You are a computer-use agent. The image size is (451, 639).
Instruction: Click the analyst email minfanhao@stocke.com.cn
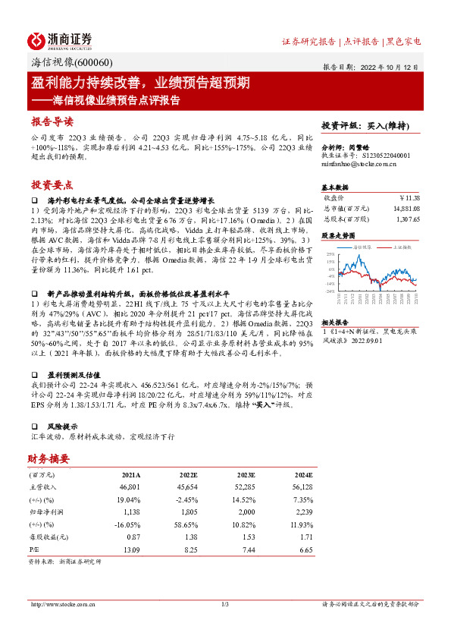pyautogui.click(x=355, y=163)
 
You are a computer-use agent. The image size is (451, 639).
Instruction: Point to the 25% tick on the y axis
pyautogui.click(x=330, y=253)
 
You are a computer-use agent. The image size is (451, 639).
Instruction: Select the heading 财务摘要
pyautogui.click(x=49, y=458)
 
